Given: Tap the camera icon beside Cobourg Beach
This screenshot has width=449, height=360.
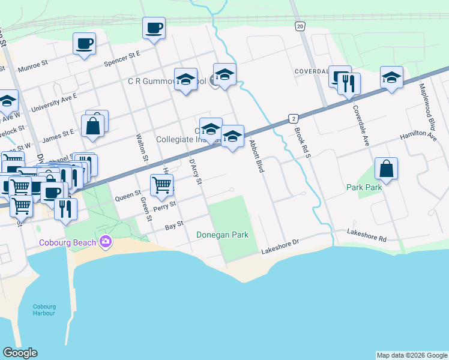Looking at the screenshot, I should tap(107, 242).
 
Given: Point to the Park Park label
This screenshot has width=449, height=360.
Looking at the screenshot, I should tap(364, 188).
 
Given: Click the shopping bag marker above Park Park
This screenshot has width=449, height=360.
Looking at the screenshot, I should tap(387, 170).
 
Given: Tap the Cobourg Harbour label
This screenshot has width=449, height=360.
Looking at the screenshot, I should tap(44, 310).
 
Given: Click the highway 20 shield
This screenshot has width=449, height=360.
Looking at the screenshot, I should tap(300, 26).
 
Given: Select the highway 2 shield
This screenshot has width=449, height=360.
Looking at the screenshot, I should tap(292, 118).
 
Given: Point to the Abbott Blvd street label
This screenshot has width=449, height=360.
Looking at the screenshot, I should tap(256, 157).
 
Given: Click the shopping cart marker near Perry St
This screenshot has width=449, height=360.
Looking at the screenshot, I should tap(162, 186).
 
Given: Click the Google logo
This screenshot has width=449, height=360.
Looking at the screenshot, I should tap(20, 353).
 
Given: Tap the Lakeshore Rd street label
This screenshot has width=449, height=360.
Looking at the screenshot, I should tap(366, 235).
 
